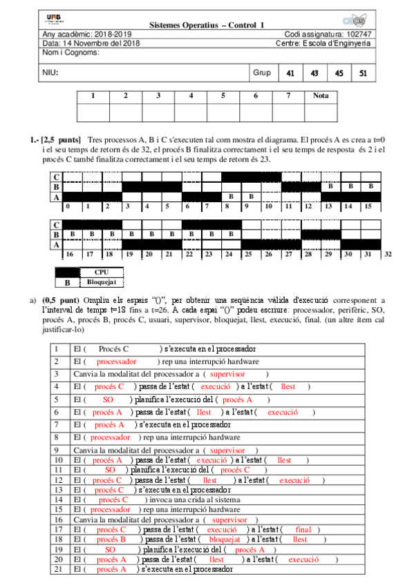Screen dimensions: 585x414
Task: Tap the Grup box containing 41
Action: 290,72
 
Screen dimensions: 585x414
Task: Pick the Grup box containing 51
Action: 364,72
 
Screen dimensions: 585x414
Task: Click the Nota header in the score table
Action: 321,95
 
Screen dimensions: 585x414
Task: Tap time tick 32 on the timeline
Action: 388,255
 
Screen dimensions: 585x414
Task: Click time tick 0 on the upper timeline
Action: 68,206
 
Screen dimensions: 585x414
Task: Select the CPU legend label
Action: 102,272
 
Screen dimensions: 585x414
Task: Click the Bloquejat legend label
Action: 102,281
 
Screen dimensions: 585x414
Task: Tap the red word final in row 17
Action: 303,530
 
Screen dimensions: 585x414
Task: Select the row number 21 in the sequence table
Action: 58,570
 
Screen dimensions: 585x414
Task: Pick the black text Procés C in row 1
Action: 113,350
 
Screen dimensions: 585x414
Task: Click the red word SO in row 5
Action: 108,399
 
